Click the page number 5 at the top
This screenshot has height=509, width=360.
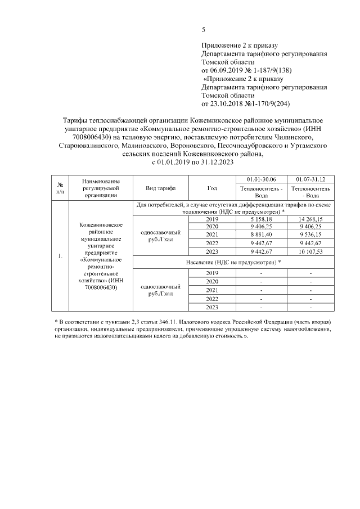tap(204, 30)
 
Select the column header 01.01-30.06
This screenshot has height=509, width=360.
tap(261, 178)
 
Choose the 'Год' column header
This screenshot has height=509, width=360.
tap(211, 188)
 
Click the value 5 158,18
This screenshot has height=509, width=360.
tap(261, 219)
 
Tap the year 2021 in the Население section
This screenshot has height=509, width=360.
tap(211, 290)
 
